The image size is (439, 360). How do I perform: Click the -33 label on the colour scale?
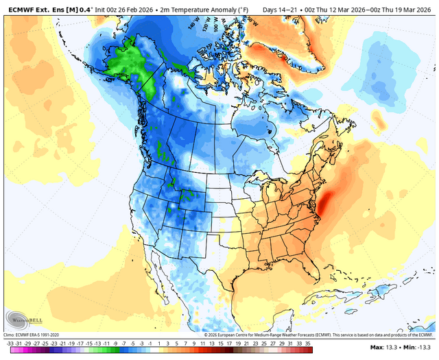[x=10, y=342]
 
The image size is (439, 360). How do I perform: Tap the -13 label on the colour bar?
[x=99, y=342]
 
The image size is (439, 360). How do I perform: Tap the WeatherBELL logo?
[x=25, y=319]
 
